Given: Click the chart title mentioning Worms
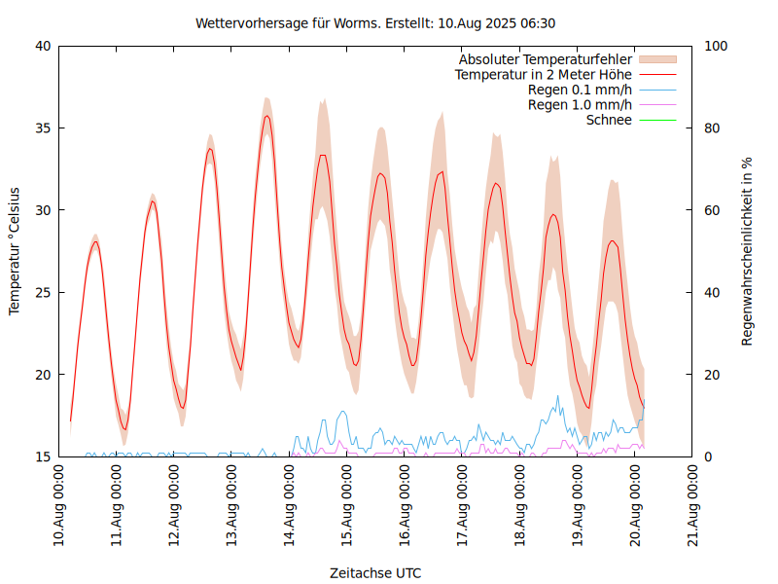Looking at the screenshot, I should (x=375, y=23).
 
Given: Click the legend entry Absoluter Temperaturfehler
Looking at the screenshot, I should (x=546, y=59).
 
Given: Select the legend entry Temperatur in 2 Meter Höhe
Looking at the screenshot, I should (x=544, y=74).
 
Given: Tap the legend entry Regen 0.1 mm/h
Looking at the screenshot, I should (x=580, y=90).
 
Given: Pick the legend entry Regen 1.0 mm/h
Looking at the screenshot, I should (x=580, y=105).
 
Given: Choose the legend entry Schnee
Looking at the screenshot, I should (x=609, y=120).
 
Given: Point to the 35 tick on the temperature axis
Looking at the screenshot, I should (x=43, y=128).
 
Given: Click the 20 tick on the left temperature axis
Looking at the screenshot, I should (x=43, y=375).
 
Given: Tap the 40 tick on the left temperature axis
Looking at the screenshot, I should (x=43, y=46).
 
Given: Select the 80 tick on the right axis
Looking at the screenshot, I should (x=712, y=128).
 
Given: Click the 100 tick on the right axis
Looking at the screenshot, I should (x=716, y=46).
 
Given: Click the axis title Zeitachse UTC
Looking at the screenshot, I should (x=375, y=572).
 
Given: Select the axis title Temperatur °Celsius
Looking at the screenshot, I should (x=15, y=250).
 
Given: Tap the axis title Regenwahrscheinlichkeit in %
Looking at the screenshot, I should (x=748, y=250).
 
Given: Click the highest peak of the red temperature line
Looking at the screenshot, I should (x=266, y=116).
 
